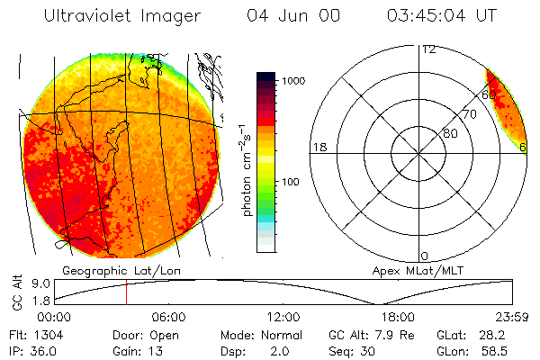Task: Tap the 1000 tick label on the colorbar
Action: pos(294,81)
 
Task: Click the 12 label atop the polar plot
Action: pos(428,49)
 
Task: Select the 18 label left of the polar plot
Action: pos(318,147)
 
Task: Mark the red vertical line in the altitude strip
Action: pos(127,293)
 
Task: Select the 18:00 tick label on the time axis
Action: pos(398,317)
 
